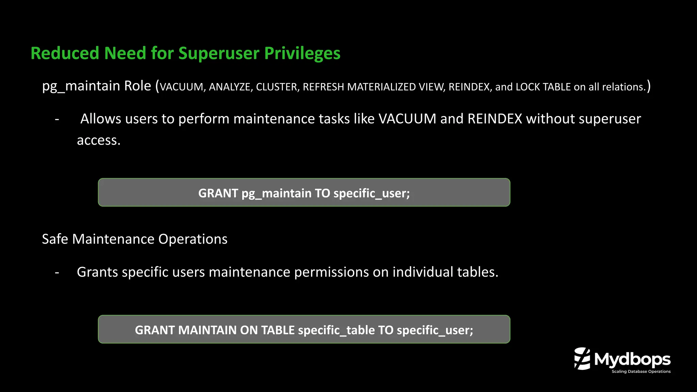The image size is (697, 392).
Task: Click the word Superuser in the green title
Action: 219,53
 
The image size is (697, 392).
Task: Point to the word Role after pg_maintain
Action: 137,86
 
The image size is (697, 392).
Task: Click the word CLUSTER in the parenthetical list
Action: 277,87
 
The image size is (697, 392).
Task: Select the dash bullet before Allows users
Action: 57,119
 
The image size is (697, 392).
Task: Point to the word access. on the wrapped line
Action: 99,140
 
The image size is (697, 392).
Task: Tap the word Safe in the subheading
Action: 55,239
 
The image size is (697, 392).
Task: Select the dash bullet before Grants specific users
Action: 57,272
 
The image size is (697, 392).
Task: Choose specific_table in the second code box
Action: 336,330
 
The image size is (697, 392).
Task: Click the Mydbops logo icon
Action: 582,359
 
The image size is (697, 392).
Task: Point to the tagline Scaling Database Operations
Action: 641,372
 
